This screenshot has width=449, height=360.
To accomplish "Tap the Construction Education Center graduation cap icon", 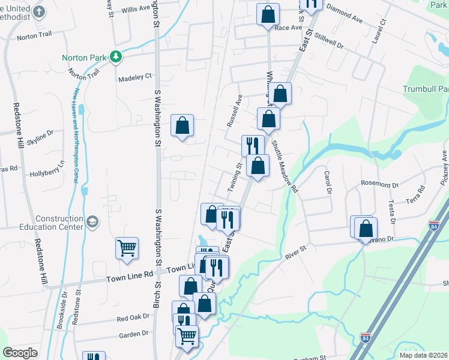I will [x=92, y=223].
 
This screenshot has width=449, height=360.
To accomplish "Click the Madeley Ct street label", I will [x=135, y=77].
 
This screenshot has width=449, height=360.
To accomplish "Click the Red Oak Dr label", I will [x=133, y=318].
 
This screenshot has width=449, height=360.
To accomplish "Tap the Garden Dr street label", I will [x=133, y=334].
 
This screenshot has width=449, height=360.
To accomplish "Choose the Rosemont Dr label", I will [x=380, y=185].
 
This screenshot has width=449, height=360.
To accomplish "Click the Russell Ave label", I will [x=234, y=110].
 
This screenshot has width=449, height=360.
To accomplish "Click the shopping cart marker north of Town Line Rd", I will [x=127, y=248].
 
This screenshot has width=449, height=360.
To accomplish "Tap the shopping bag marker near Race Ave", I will [x=268, y=14].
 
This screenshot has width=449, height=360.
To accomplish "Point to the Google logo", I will [x=20, y=353].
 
